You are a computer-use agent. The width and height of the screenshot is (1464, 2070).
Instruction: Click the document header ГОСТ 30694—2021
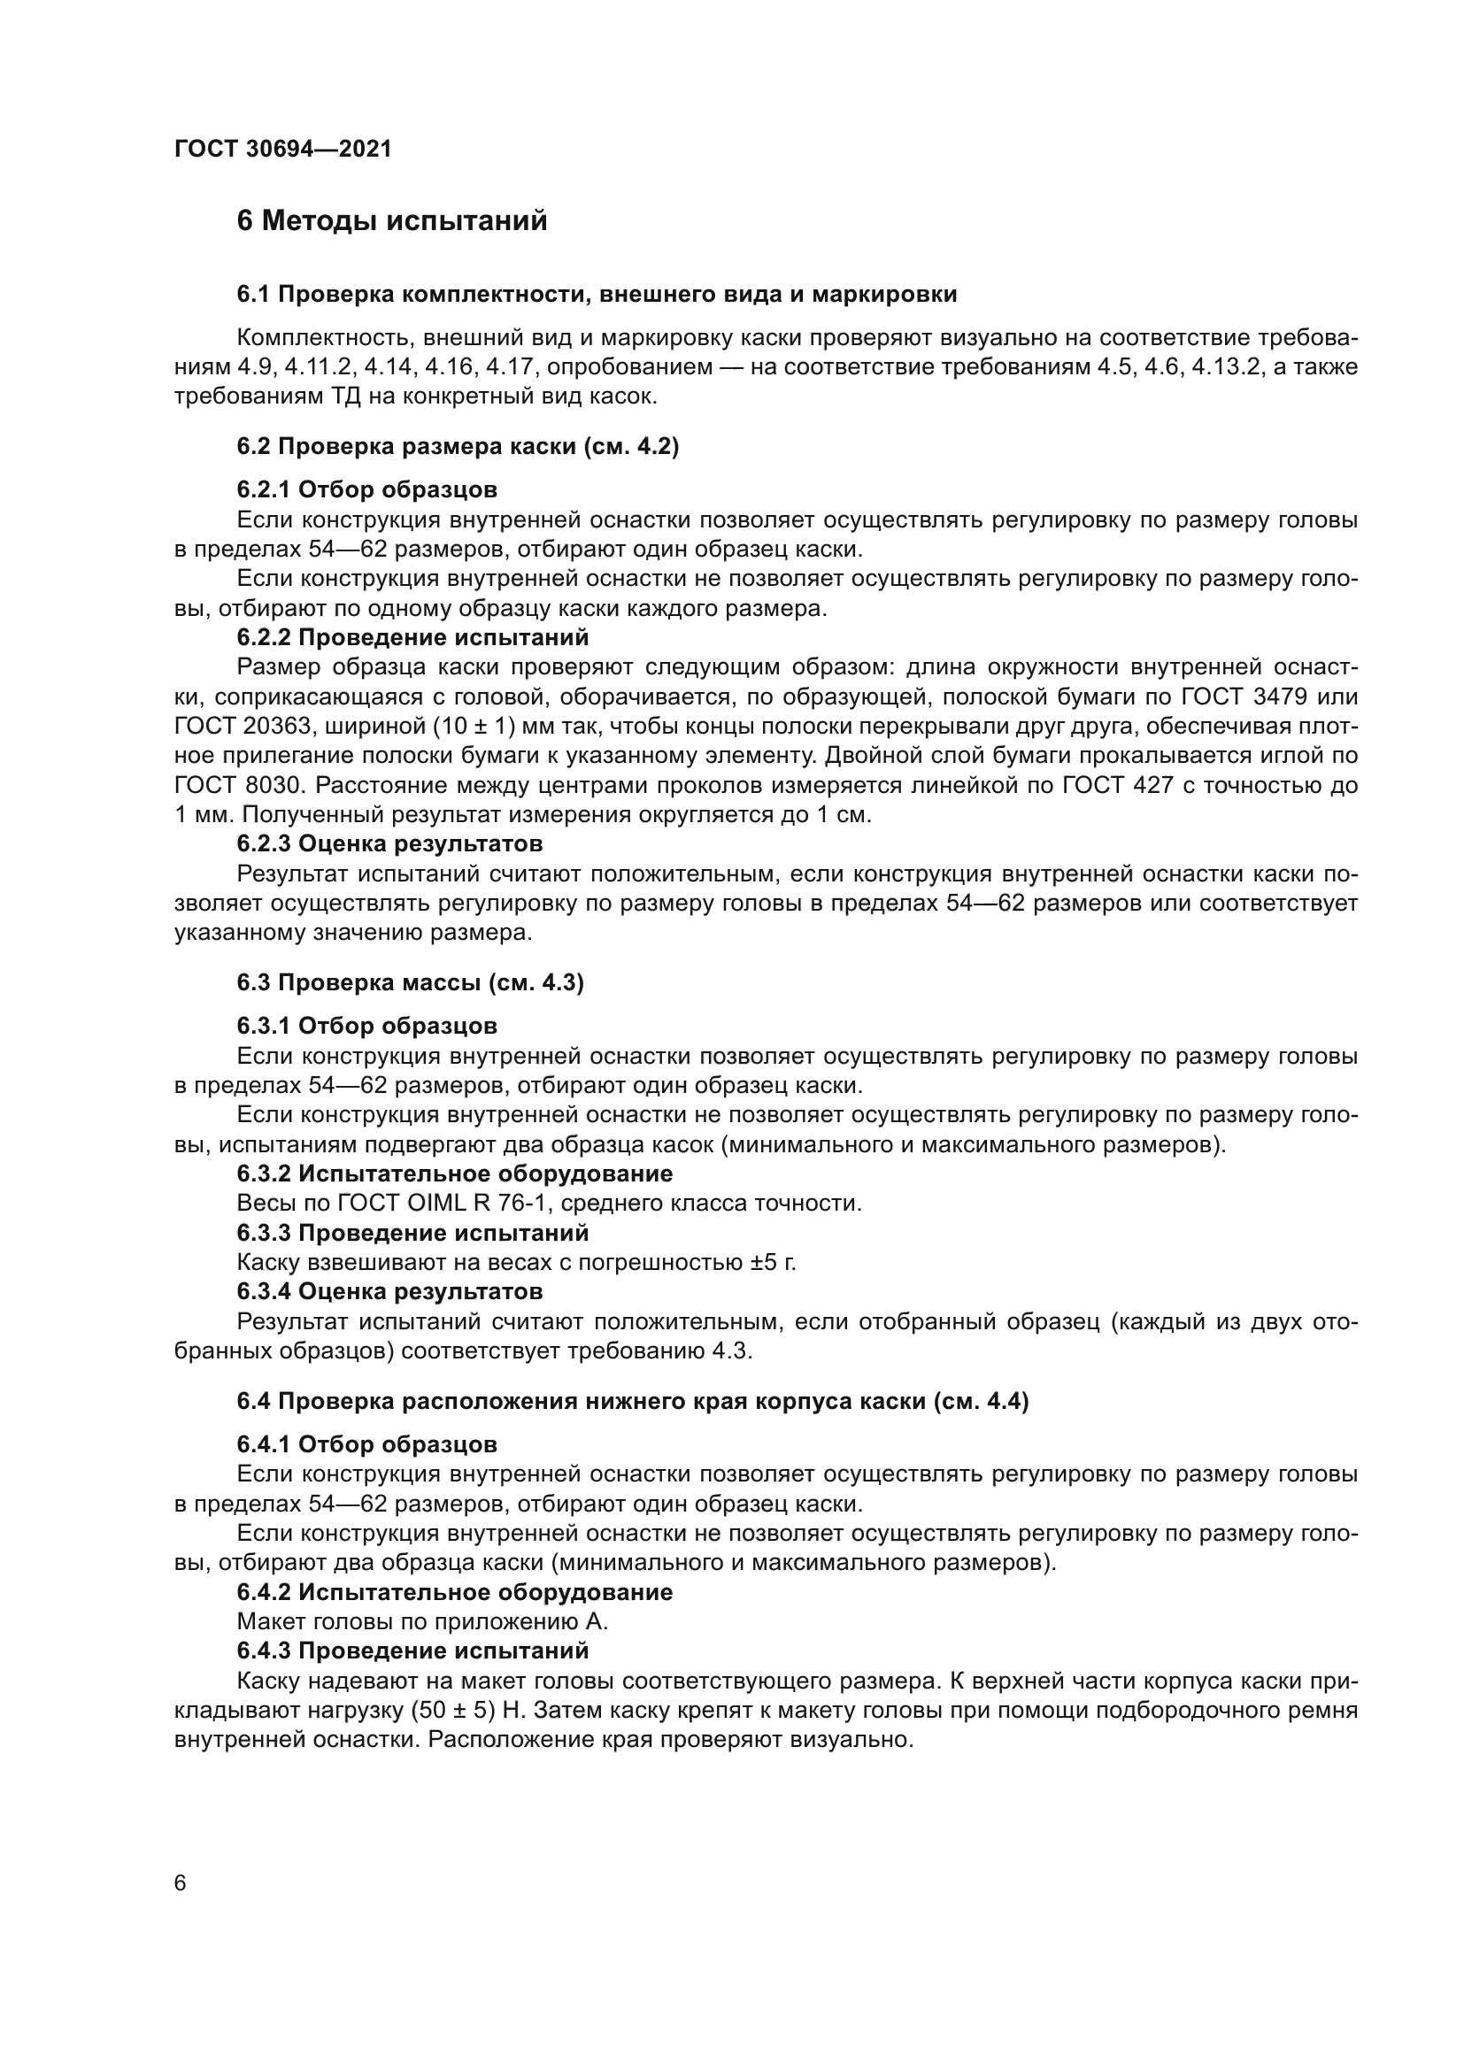point(283,149)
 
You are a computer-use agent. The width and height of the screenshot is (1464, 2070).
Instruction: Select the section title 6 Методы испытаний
point(392,221)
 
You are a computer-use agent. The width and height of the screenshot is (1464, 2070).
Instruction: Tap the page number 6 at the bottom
point(181,1883)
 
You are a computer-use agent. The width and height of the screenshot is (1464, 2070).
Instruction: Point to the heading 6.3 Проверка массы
point(410,982)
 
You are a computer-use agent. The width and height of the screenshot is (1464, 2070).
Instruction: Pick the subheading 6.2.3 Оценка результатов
point(389,844)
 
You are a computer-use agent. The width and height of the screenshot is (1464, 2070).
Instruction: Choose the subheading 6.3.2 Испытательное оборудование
point(454,1174)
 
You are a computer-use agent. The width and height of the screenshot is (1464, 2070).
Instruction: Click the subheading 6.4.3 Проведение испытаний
point(412,1651)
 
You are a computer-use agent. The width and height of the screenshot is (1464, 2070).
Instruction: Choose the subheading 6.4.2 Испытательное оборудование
point(454,1592)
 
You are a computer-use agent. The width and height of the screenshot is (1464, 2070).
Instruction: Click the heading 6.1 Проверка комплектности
point(597,294)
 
